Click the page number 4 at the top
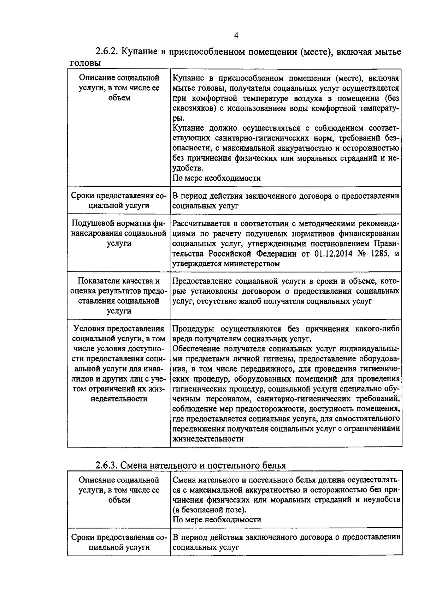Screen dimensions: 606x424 coord(236,35)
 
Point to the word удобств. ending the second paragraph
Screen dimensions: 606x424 coord(188,168)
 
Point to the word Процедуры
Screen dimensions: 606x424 coord(194,329)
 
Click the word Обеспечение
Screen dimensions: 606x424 coord(196,349)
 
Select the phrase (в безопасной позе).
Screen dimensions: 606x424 coord(210,510)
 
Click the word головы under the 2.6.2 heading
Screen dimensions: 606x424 coord(84,63)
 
